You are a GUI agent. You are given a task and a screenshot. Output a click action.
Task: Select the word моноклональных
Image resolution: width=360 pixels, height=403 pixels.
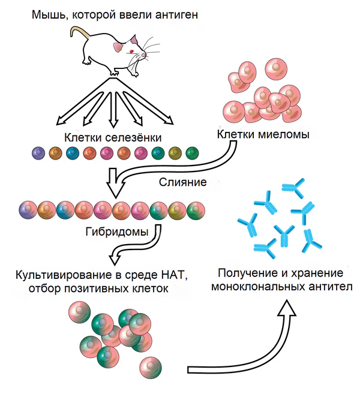[x=248, y=287]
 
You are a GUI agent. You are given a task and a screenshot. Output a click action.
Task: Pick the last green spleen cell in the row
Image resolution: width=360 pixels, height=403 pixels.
[x=192, y=154]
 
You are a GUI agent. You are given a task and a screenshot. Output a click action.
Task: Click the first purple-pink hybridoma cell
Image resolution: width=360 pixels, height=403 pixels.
[x=29, y=210]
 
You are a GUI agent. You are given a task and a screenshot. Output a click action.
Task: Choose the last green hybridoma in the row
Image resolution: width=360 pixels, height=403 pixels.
[x=196, y=210]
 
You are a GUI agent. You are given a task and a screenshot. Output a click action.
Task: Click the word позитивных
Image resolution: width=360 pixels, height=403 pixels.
[x=112, y=290]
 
